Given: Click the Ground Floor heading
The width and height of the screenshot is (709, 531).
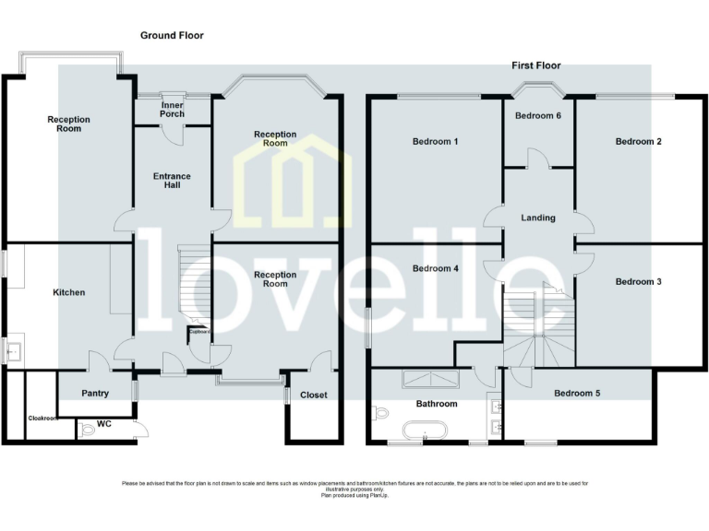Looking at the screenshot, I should point(172,35).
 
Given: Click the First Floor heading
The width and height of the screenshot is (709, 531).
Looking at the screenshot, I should point(536,65).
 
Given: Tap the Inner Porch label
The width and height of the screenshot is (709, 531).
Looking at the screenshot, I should point(172,109).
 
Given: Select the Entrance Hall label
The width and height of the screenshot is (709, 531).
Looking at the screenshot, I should point(172,180).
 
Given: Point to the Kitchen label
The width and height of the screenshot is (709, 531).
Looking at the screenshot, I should point(69,292).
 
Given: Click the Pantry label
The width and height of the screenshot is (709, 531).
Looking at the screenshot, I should point(95,394).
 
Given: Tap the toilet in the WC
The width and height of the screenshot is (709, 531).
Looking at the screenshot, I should point(89,427).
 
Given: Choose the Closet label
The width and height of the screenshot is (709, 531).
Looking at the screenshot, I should point(314,395).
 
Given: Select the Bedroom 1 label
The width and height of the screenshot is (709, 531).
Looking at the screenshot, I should point(436,142).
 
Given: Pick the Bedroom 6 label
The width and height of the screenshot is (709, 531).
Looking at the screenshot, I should point(538,116).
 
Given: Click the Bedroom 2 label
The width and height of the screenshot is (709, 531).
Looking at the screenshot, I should point(639,142).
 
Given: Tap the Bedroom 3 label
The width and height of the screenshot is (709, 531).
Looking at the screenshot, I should point(639,281).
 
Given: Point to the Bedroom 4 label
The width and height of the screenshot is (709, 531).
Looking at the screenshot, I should point(436,269).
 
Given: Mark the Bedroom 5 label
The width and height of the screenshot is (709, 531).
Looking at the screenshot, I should point(577,394).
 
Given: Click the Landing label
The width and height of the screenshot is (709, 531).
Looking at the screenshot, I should point(538,218).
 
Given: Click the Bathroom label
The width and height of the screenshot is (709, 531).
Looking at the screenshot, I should point(436,404).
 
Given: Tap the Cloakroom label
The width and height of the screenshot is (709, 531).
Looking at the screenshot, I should point(42,418).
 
